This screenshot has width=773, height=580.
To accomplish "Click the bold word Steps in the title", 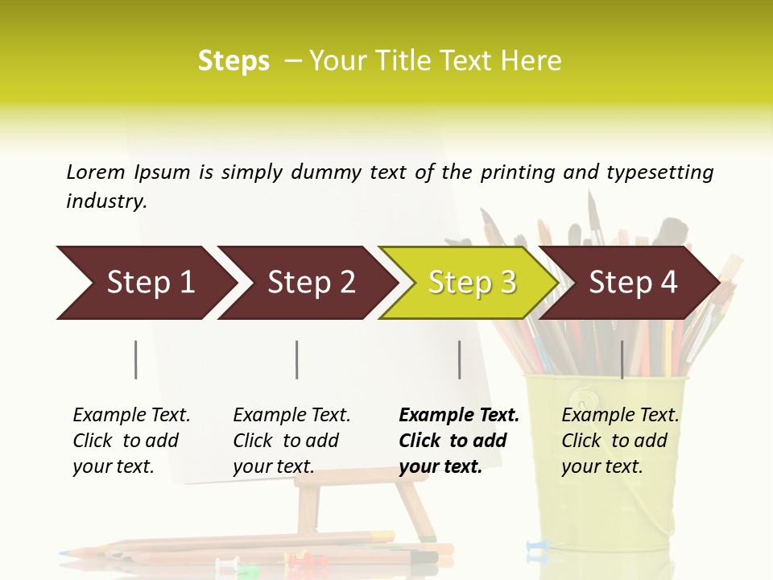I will [x=234, y=61].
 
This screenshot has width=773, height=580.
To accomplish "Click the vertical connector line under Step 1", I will [x=136, y=359].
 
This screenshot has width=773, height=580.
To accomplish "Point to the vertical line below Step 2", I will [x=297, y=359].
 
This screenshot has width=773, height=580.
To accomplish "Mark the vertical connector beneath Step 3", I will [x=459, y=359].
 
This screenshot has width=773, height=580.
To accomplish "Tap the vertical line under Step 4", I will [x=622, y=359].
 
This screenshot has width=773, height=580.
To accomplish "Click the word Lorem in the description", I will [x=96, y=172].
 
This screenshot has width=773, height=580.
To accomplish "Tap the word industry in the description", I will [x=105, y=201].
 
